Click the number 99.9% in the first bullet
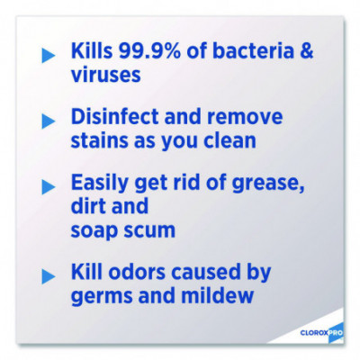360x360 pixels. point(149,50)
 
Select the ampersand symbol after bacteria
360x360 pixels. point(306,50)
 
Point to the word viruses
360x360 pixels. point(106,74)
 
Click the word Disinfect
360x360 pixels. point(115,116)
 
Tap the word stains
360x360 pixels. point(99,140)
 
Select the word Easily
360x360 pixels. point(100,184)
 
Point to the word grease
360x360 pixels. point(268,184)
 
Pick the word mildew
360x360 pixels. point(218,295)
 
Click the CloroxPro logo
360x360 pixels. point(321,332)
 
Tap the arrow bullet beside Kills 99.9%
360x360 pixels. point(48,56)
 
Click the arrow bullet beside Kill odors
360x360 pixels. point(48,276)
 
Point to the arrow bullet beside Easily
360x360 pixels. point(48,187)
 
